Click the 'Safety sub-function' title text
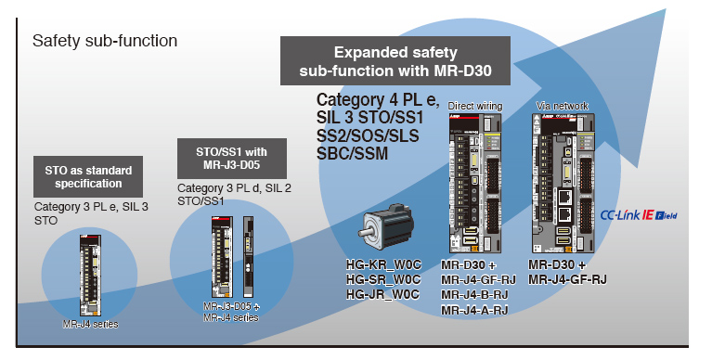point(104,42)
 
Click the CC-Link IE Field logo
point(638,212)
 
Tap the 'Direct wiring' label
point(474,107)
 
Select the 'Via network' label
point(563,107)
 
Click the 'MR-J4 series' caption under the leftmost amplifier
point(90,324)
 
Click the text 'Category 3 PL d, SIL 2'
point(233,187)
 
